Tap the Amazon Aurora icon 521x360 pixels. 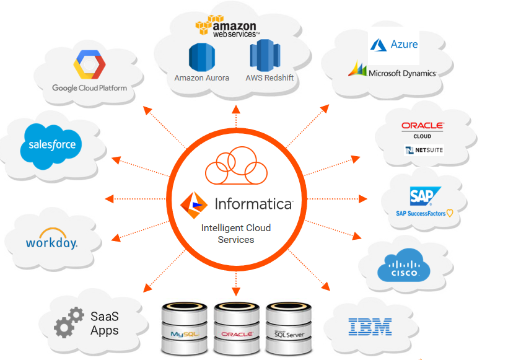pyautogui.click(x=201, y=56)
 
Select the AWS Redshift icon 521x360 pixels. pyautogui.click(x=266, y=56)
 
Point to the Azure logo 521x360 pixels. pyautogui.click(x=394, y=45)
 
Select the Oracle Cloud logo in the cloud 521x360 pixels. pyautogui.click(x=422, y=130)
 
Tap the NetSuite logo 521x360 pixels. pyautogui.click(x=424, y=150)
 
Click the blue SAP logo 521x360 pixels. pyautogui.click(x=424, y=196)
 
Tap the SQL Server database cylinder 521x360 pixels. pyautogui.click(x=288, y=328)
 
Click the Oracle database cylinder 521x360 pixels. pyautogui.click(x=236, y=328)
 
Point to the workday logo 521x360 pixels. pyautogui.click(x=51, y=242)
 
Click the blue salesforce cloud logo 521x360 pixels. pyautogui.click(x=52, y=145)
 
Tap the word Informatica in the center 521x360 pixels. pyautogui.click(x=253, y=203)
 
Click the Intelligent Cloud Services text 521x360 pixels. pyautogui.click(x=236, y=234)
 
